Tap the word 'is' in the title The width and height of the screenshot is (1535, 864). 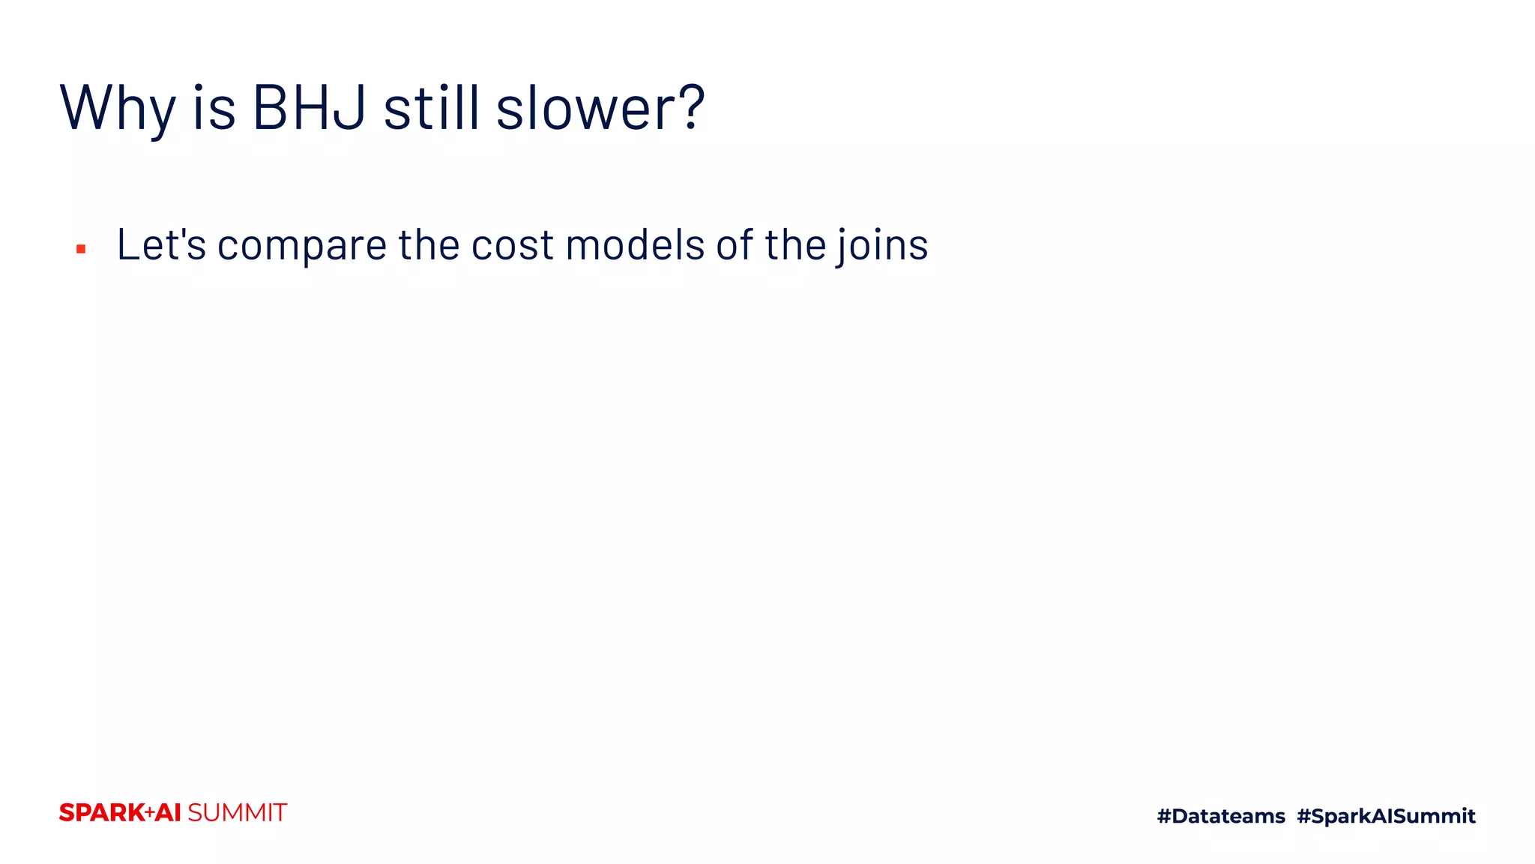click(214, 107)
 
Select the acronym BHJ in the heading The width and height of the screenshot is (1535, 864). click(310, 107)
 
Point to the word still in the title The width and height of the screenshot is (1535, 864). click(431, 107)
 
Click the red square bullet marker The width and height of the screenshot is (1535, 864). click(81, 249)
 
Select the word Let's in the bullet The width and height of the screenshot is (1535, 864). click(161, 244)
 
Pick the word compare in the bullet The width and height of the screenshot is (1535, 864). click(302, 246)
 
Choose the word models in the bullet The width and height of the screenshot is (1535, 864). click(635, 244)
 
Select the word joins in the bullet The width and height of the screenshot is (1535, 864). click(882, 246)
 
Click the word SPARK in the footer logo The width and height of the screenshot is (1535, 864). click(102, 813)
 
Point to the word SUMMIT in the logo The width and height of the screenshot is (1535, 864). click(237, 813)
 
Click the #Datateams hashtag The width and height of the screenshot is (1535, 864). click(1221, 816)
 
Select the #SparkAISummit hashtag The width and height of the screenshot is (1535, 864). click(1386, 816)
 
